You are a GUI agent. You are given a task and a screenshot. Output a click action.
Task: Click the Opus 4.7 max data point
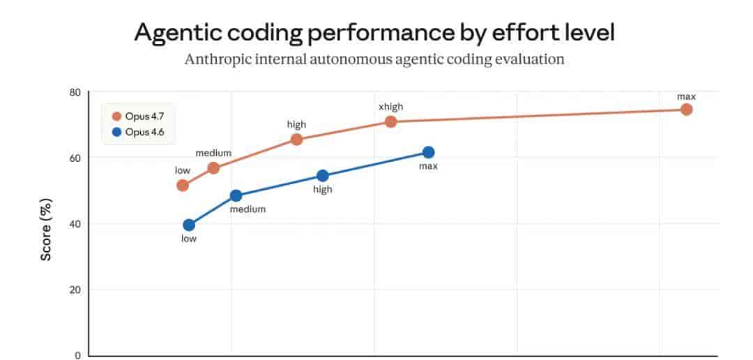686,110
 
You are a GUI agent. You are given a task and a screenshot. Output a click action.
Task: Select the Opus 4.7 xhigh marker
390,121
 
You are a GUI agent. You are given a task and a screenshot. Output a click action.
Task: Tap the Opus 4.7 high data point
296,140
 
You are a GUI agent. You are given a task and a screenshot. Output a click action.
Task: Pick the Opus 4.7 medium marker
213,168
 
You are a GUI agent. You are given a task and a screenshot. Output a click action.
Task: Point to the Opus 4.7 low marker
183,186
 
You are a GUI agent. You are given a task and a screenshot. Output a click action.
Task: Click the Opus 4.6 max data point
428,153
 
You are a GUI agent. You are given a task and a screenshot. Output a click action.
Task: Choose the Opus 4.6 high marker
322,176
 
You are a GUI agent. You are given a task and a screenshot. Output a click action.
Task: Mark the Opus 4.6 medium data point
236,196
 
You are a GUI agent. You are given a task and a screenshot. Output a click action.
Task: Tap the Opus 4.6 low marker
189,225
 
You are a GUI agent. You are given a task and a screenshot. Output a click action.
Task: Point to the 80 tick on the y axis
75,93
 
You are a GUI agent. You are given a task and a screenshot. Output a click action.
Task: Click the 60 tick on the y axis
75,158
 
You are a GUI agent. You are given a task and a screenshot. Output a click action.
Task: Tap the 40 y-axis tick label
75,224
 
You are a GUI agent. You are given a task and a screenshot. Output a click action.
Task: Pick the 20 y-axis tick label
75,290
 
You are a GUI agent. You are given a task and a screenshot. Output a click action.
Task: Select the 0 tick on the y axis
78,355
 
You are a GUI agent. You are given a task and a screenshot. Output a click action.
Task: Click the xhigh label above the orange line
390,107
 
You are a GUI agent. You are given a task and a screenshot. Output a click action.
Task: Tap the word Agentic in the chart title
177,33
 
